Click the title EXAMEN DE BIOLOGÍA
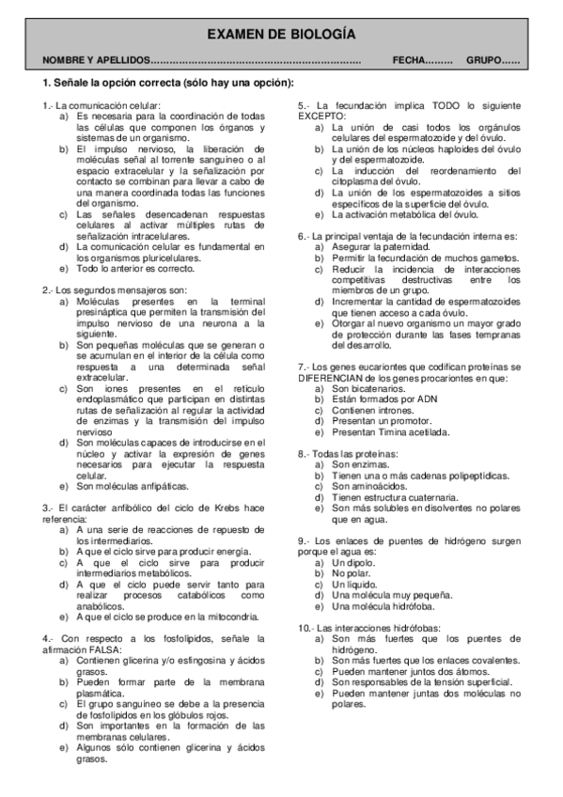[281, 34]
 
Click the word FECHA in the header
[411, 61]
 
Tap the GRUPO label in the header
[483, 61]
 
